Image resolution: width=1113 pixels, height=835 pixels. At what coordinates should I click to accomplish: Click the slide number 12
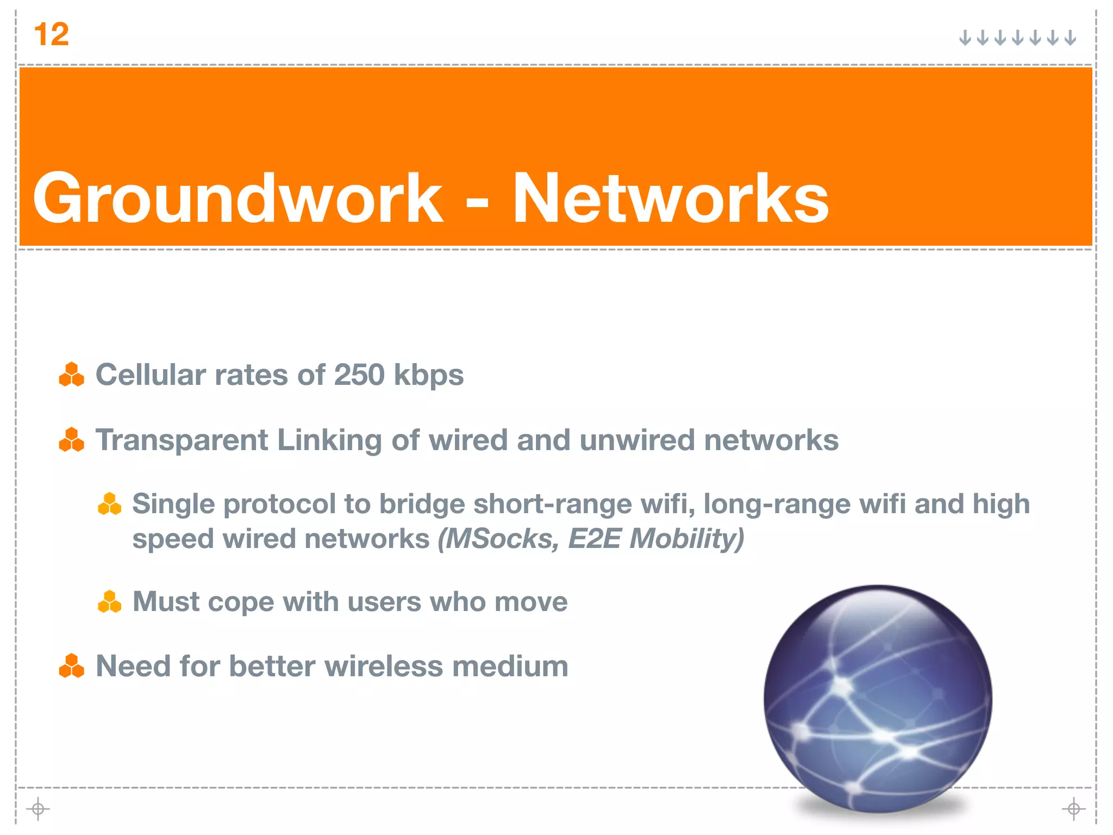pos(52,35)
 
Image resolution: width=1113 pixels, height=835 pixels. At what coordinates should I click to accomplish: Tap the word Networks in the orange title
pos(670,198)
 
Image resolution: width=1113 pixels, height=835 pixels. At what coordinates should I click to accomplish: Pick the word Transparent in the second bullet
pos(182,440)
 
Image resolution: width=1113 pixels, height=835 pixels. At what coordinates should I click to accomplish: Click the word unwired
pos(637,440)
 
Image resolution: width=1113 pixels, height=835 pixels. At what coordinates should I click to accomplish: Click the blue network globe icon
pos(877,699)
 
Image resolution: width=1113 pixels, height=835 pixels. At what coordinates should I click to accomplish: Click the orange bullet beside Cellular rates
pos(72,375)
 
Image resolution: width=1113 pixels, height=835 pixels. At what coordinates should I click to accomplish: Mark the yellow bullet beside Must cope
pos(109,602)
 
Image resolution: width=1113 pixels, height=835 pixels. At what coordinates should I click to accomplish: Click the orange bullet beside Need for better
pos(72,666)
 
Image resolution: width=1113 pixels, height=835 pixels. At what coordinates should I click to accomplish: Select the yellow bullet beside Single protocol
pos(109,504)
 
